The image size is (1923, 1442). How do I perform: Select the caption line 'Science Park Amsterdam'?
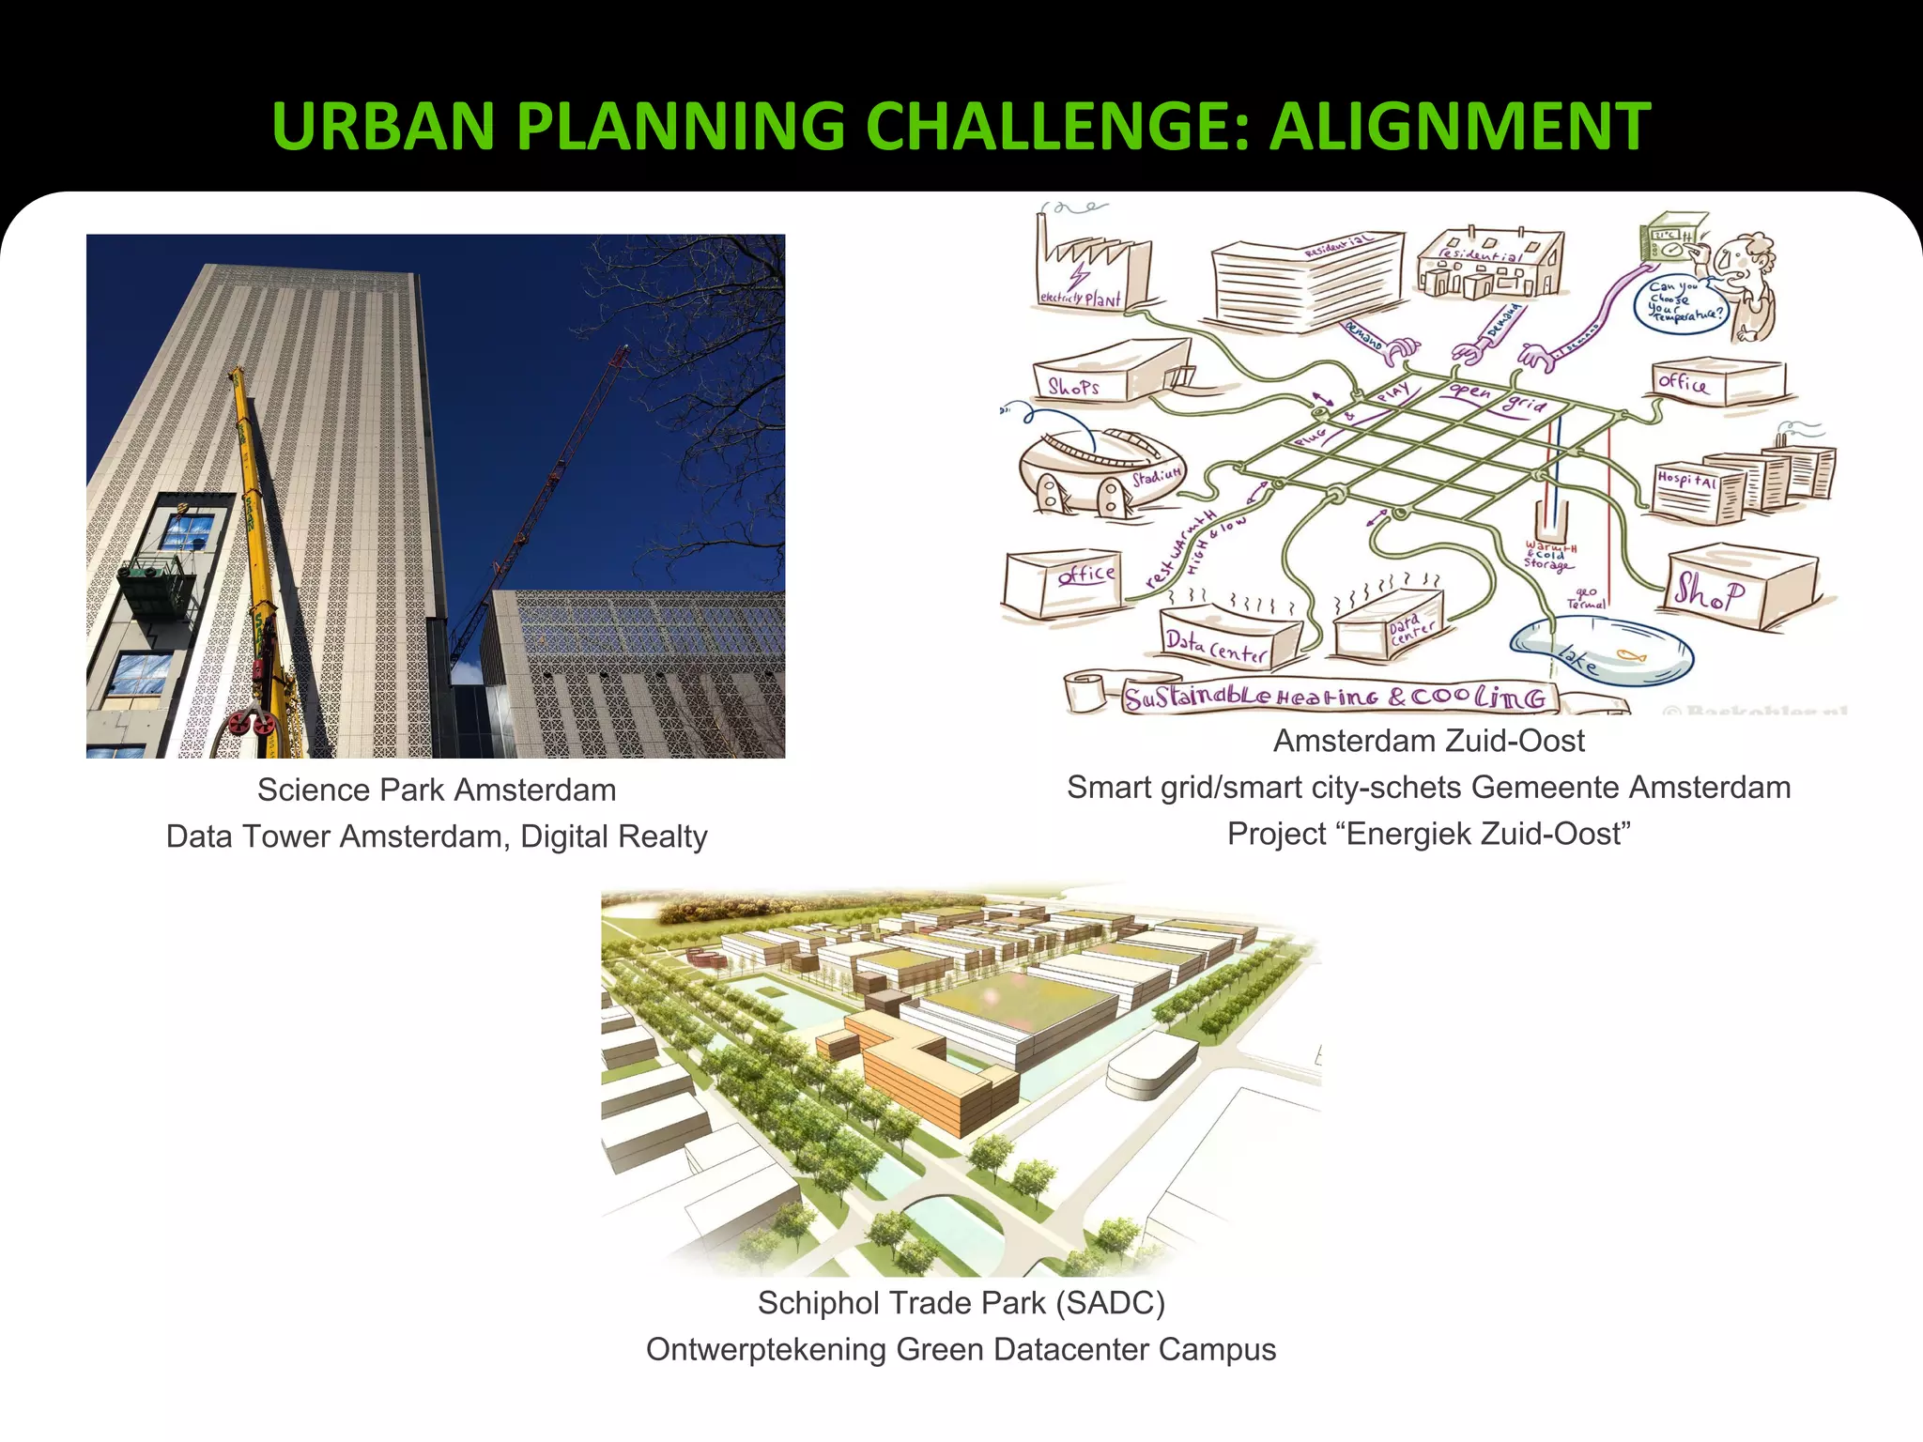click(x=437, y=790)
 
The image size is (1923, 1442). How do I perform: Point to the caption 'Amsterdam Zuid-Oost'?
click(x=1428, y=741)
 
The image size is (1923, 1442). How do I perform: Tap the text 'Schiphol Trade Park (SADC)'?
click(x=961, y=1302)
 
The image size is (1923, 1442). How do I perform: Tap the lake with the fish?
click(x=1602, y=652)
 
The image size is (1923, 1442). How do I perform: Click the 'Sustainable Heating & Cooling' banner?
click(x=1333, y=698)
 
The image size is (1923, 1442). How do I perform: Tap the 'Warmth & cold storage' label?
click(x=1549, y=555)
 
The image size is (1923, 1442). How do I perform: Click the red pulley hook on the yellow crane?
click(x=251, y=724)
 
